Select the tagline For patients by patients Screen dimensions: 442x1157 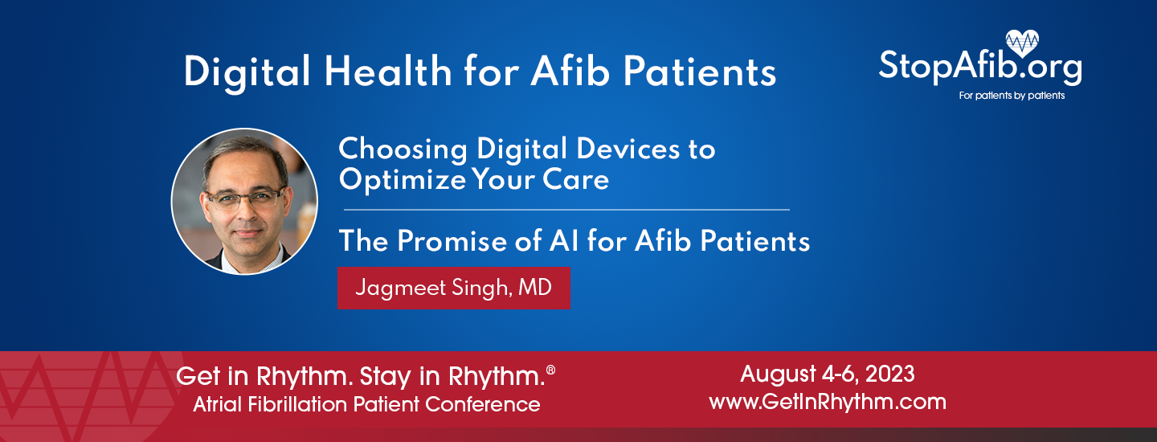(x=1012, y=96)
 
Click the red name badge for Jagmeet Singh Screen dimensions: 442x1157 (x=453, y=288)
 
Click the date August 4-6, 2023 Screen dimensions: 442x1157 (x=828, y=374)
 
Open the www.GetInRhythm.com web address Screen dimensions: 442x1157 (x=828, y=401)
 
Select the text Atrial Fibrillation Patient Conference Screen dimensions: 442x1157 (x=366, y=404)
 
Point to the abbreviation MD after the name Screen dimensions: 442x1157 (x=534, y=288)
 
